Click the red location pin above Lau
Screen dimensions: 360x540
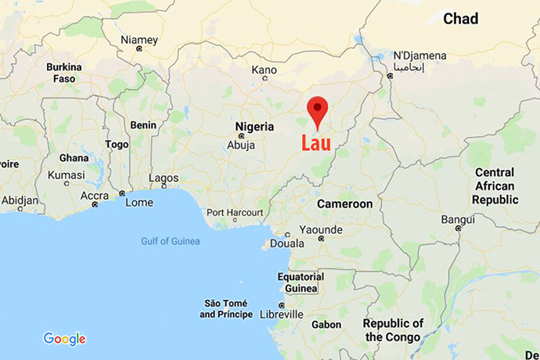[317, 110]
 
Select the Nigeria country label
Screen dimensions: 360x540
[255, 126]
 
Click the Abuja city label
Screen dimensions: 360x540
[241, 145]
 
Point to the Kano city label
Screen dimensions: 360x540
[264, 70]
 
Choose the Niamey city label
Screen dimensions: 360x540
[139, 40]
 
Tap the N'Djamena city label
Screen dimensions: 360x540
[419, 56]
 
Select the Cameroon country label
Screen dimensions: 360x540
[344, 203]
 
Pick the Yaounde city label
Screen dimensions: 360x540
[321, 229]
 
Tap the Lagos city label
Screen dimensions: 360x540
[164, 178]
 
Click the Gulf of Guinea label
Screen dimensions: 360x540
[170, 241]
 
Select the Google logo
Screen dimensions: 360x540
[64, 339]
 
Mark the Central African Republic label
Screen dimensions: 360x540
[495, 186]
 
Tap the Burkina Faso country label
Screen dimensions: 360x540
[64, 74]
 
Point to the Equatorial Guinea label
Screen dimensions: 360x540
[301, 283]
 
